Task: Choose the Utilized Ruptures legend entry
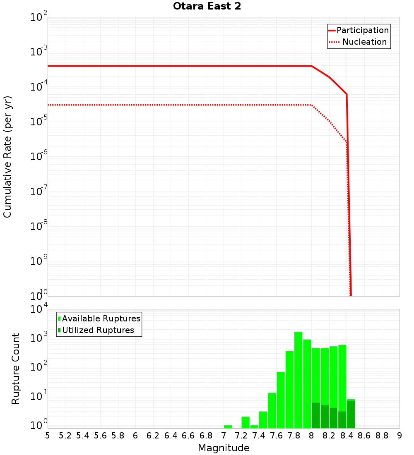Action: [98, 330]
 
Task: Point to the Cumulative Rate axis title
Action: [7, 156]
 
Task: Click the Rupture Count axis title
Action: [16, 368]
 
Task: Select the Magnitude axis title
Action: [224, 448]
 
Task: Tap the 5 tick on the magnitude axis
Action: [48, 435]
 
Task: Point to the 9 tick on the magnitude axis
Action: [400, 435]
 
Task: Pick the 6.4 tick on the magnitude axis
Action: [171, 435]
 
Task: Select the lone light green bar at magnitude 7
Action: [228, 426]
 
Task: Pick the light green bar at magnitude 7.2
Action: [246, 422]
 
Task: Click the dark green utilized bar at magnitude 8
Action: [316, 415]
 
